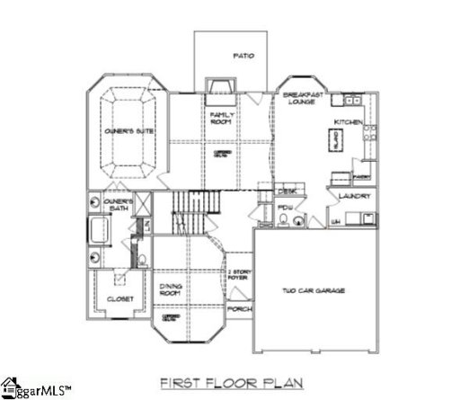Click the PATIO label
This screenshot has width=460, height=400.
coord(243,56)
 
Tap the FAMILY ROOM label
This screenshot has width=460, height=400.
coord(222,120)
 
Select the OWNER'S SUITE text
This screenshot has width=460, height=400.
coord(127,132)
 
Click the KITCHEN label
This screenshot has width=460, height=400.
coord(347,121)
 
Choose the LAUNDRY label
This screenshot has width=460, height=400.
coord(349,195)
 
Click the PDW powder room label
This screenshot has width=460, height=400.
coord(287,208)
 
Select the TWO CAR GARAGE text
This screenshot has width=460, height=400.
coord(314,290)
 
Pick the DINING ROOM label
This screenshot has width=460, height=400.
coord(172,289)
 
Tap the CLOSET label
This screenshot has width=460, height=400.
coord(120,298)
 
